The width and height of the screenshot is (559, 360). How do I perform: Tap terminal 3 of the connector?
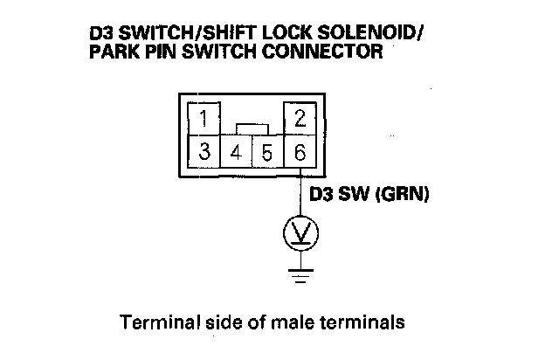204,151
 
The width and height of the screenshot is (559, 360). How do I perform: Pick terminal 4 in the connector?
236,152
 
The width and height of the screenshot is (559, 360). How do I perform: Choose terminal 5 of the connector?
267,152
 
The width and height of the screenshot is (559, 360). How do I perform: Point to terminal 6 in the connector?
299,152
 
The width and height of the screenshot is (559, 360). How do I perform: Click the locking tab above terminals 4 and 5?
252,129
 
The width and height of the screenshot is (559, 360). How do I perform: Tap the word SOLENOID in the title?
376,35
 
